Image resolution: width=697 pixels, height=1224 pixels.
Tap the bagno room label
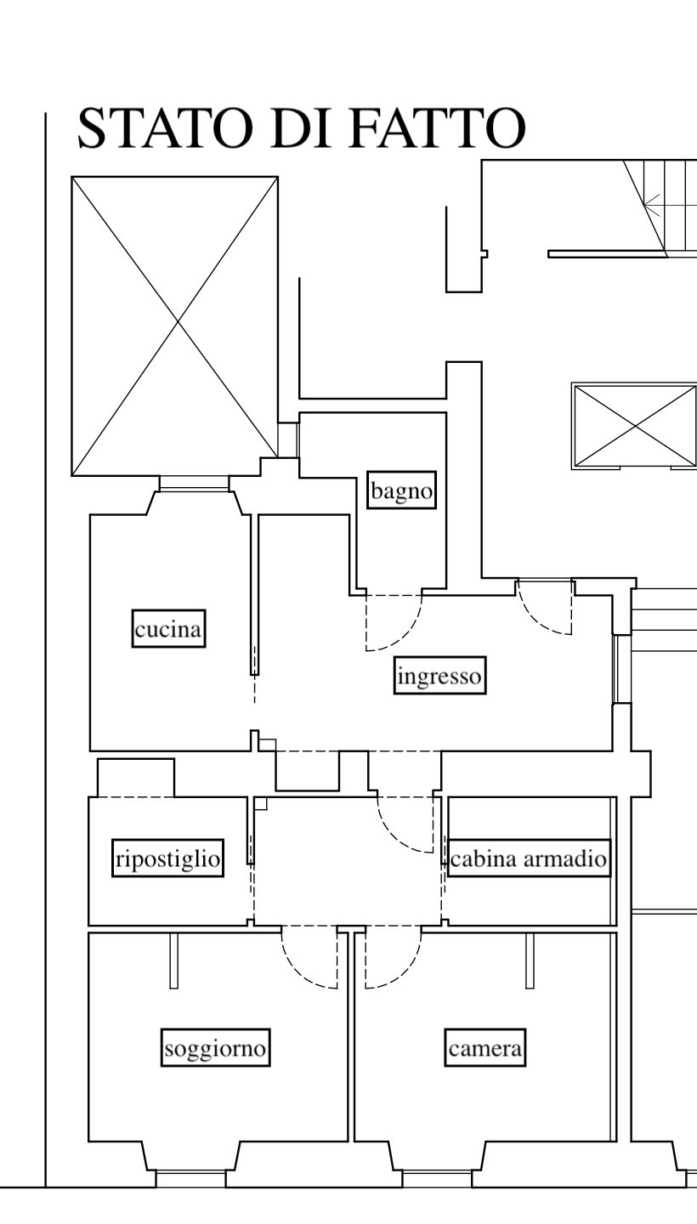click(x=401, y=490)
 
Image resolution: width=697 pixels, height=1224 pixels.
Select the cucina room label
click(x=168, y=629)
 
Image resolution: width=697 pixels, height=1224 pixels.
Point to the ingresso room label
click(x=439, y=677)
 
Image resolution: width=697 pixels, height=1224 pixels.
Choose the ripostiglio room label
click(x=168, y=858)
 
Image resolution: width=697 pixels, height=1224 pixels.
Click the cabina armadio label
click(x=529, y=858)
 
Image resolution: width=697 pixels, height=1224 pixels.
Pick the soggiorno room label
click(x=216, y=1048)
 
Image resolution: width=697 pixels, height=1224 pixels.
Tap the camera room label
click(x=485, y=1048)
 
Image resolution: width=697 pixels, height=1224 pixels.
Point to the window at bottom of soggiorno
click(x=190, y=1178)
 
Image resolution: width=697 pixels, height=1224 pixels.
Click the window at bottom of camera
click(x=437, y=1178)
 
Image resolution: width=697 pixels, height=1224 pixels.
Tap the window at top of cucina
click(x=194, y=484)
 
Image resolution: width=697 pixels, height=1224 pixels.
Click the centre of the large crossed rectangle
click(x=175, y=326)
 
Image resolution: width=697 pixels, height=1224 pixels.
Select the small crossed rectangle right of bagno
click(x=635, y=426)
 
